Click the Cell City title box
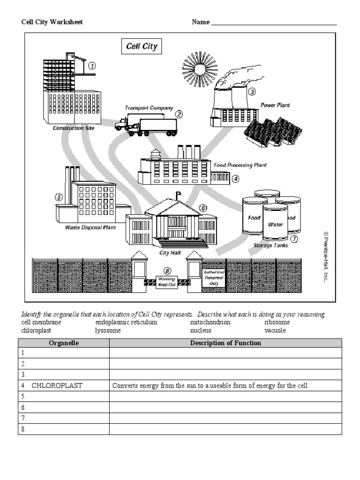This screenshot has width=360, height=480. pyautogui.click(x=142, y=46)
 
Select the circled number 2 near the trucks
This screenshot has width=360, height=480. pyautogui.click(x=179, y=113)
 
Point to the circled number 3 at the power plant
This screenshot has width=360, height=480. pyautogui.click(x=252, y=92)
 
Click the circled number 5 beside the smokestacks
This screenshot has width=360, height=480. pyautogui.click(x=59, y=197)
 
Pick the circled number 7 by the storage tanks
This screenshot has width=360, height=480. pyautogui.click(x=294, y=239)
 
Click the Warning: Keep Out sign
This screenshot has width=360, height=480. pyautogui.click(x=167, y=282)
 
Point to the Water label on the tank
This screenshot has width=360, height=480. pyautogui.click(x=275, y=225)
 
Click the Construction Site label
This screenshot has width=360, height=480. pyautogui.click(x=73, y=128)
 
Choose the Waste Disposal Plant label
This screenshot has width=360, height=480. pyautogui.click(x=90, y=228)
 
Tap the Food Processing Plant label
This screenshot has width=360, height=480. pyautogui.click(x=240, y=165)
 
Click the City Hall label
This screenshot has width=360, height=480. pyautogui.click(x=170, y=253)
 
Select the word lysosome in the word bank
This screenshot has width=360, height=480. pyautogui.click(x=108, y=330)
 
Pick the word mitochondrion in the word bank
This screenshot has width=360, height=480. pyautogui.click(x=210, y=322)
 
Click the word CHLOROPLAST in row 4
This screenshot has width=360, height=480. pyautogui.click(x=57, y=386)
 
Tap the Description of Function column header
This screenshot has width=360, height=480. pyautogui.click(x=225, y=343)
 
